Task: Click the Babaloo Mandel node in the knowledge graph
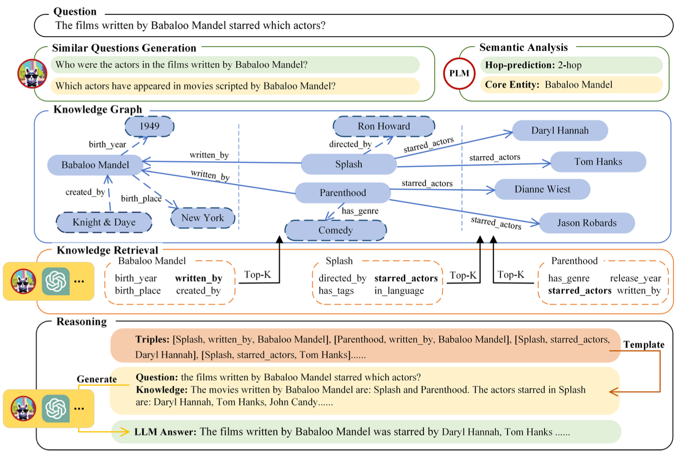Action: pyautogui.click(x=95, y=165)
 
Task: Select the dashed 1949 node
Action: pyautogui.click(x=149, y=126)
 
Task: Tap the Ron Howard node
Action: pyautogui.click(x=384, y=126)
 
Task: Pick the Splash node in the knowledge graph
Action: pyautogui.click(x=348, y=164)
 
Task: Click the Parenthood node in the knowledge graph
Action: pyautogui.click(x=342, y=193)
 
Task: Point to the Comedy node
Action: pyautogui.click(x=335, y=230)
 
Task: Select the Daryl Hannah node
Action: pyautogui.click(x=560, y=131)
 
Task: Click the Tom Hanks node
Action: pyautogui.click(x=598, y=162)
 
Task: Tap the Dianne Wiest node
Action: pyautogui.click(x=542, y=189)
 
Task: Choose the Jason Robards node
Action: pyautogui.click(x=586, y=223)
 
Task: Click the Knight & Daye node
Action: pyautogui.click(x=104, y=222)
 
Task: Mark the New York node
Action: pyautogui.click(x=202, y=218)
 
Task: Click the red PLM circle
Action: pyautogui.click(x=459, y=73)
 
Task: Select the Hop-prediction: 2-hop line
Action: pyautogui.click(x=533, y=65)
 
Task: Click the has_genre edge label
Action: pyautogui.click(x=360, y=211)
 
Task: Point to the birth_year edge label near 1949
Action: pyautogui.click(x=107, y=145)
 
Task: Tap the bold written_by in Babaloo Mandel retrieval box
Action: pyautogui.click(x=199, y=278)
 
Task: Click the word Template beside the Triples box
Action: pyautogui.click(x=644, y=345)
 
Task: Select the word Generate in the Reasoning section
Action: pyautogui.click(x=97, y=379)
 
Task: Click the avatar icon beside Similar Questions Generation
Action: pyautogui.click(x=32, y=73)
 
